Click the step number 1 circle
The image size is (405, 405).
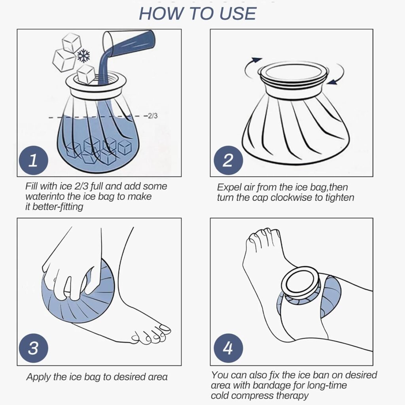pyautogui.click(x=34, y=160)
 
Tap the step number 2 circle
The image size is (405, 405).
pyautogui.click(x=228, y=160)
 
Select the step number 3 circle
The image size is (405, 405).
pyautogui.click(x=34, y=348)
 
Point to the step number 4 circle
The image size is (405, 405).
pyautogui.click(x=228, y=348)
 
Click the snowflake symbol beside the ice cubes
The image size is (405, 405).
pyautogui.click(x=84, y=56)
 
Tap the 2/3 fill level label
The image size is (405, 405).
pyautogui.click(x=152, y=116)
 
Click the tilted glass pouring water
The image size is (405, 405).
pyautogui.click(x=129, y=43)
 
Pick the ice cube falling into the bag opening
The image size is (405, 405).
pyautogui.click(x=86, y=74)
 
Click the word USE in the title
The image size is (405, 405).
pyautogui.click(x=238, y=13)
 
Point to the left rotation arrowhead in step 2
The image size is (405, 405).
pyautogui.click(x=256, y=60)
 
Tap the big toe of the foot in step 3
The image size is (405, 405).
pyautogui.click(x=164, y=329)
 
